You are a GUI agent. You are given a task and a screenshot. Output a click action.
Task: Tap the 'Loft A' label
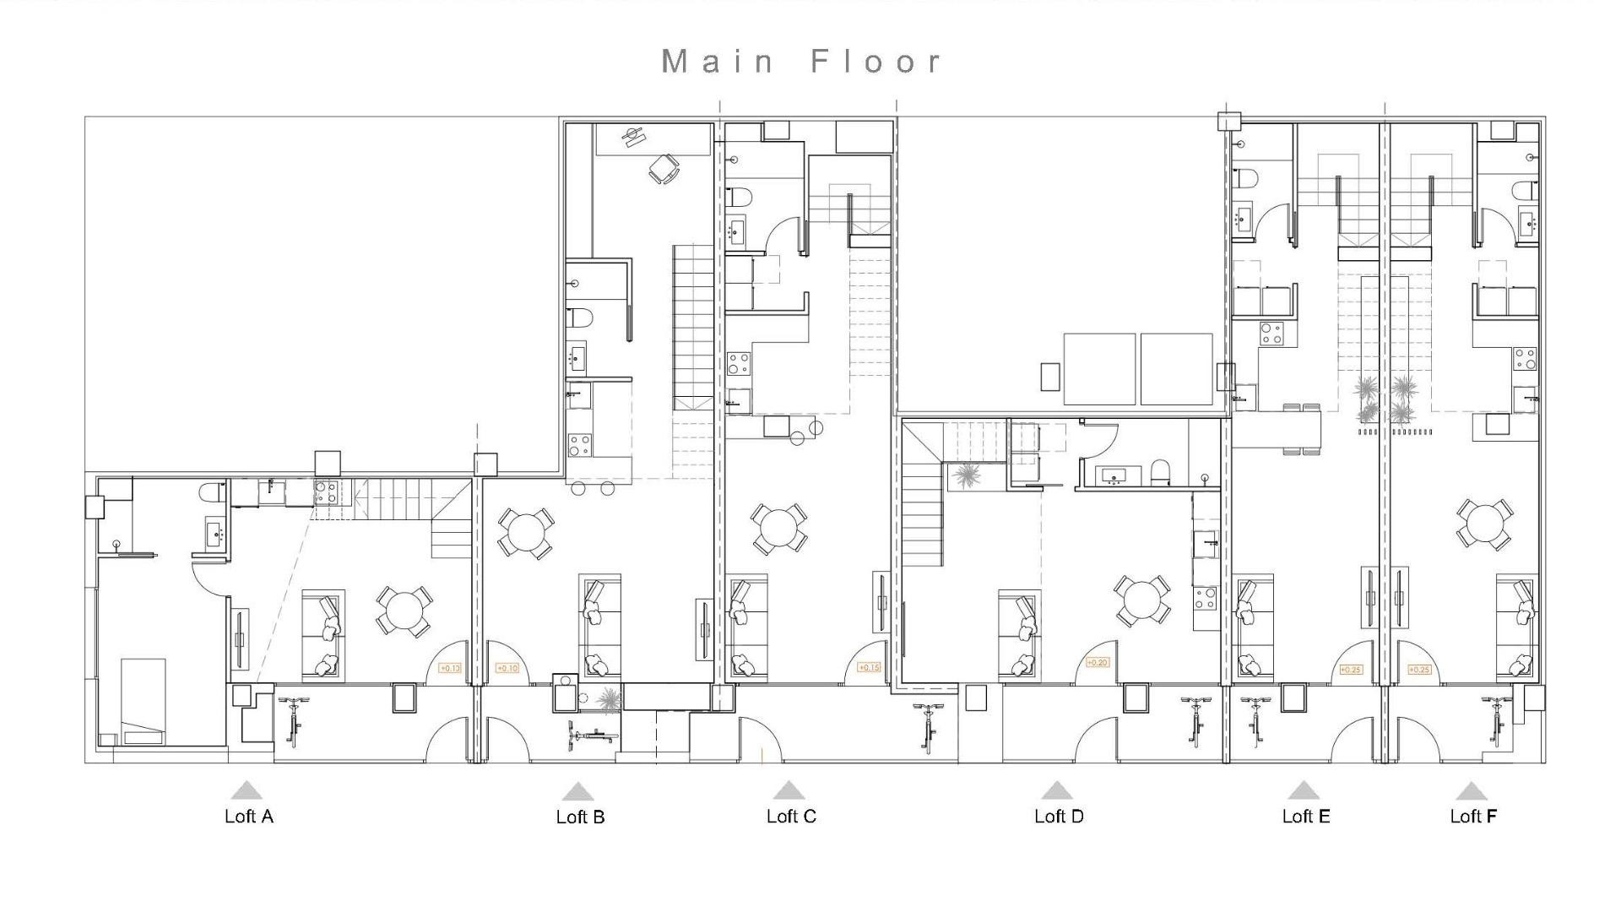click(248, 816)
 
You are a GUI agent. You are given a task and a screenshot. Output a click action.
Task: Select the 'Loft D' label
click(1058, 816)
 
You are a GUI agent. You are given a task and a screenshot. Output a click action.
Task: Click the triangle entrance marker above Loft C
click(789, 790)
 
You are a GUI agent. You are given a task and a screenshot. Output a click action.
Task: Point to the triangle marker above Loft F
click(1471, 791)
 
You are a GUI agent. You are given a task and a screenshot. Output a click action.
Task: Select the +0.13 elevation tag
click(449, 668)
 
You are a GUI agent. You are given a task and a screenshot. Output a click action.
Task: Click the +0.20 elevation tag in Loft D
click(1096, 663)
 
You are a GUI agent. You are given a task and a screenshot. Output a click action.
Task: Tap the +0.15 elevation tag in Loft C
click(869, 667)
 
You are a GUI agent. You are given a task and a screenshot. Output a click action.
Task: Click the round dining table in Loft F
click(1483, 524)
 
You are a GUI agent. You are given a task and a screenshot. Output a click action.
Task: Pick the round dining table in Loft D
click(1141, 600)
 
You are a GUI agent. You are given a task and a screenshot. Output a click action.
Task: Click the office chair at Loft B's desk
click(664, 169)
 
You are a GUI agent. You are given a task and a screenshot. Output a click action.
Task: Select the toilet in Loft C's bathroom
click(740, 197)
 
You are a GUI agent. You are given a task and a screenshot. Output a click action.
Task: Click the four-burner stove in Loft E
click(1271, 334)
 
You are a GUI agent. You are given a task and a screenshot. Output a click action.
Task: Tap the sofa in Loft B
click(599, 627)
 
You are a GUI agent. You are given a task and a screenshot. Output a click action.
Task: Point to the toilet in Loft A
click(210, 491)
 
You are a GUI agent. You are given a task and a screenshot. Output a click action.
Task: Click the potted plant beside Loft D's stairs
click(965, 475)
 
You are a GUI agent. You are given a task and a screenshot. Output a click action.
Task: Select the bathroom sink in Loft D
click(1114, 476)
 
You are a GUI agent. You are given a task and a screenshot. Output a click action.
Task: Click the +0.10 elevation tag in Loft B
click(507, 668)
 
